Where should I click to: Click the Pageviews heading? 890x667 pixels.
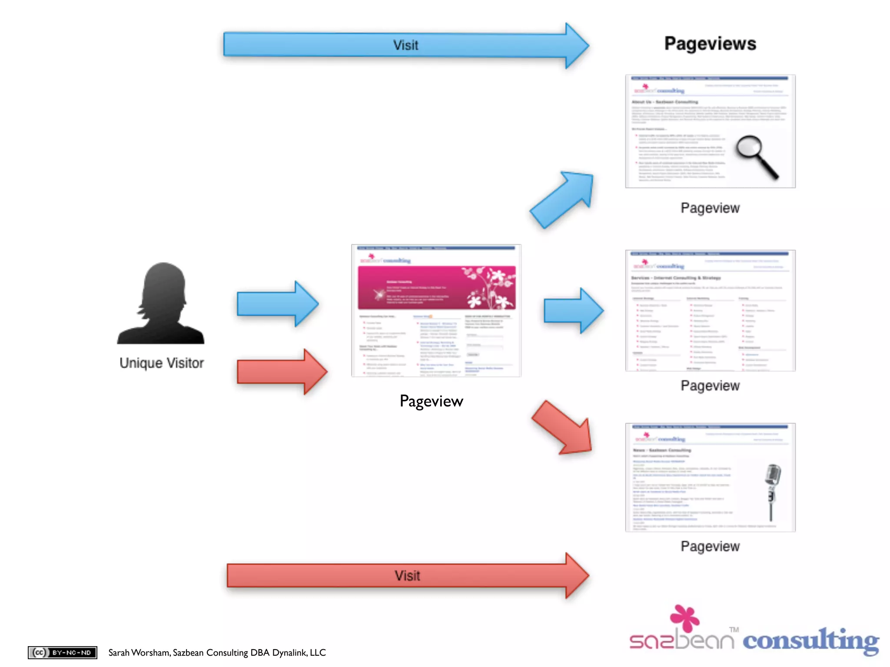click(710, 44)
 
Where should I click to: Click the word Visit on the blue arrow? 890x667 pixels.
click(405, 45)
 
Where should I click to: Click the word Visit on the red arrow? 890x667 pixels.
click(407, 576)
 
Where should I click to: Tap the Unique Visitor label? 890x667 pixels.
click(162, 363)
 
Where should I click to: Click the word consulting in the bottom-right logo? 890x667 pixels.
click(810, 641)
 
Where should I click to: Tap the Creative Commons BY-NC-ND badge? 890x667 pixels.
click(63, 652)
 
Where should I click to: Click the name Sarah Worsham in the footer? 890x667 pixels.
click(139, 653)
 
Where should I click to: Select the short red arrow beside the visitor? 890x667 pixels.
click(282, 372)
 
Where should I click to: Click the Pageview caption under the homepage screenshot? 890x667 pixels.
click(431, 401)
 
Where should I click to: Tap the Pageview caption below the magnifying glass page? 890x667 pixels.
click(710, 208)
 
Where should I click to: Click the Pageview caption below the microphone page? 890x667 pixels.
click(710, 546)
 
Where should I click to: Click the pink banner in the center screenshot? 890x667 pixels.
click(436, 288)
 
